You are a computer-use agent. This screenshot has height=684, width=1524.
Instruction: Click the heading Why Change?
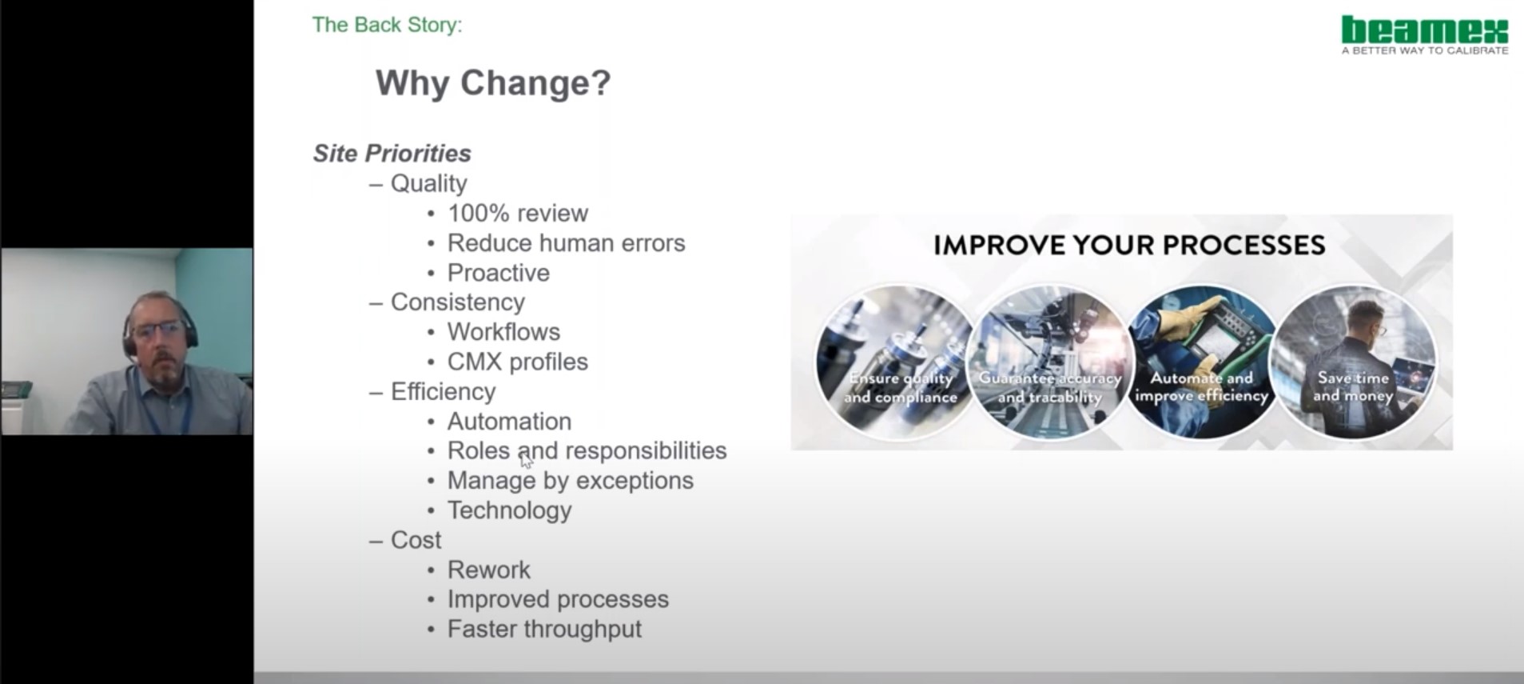493,82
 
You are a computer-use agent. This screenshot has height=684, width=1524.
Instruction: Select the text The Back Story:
387,25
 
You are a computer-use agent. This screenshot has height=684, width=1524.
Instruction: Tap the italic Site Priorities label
392,153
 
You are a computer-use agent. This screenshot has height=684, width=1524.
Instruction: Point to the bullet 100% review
517,214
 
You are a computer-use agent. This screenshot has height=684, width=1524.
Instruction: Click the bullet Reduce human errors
566,243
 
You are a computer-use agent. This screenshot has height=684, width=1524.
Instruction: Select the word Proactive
498,273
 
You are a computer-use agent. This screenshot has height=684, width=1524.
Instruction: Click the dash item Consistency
457,302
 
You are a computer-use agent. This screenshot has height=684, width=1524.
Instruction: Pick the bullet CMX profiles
517,362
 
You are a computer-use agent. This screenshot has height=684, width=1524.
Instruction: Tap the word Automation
509,422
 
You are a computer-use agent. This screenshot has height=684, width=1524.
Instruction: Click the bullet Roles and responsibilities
587,450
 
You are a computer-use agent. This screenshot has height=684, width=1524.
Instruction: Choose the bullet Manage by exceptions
570,481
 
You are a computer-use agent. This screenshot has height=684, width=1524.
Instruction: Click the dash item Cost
416,540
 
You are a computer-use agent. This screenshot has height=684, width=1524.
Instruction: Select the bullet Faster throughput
543,630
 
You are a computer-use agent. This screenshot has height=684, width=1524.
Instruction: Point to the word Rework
488,570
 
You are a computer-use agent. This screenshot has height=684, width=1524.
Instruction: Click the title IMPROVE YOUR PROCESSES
1128,245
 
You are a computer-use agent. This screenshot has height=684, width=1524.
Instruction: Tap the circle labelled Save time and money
1352,362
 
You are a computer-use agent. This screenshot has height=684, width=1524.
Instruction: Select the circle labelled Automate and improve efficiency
1200,362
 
